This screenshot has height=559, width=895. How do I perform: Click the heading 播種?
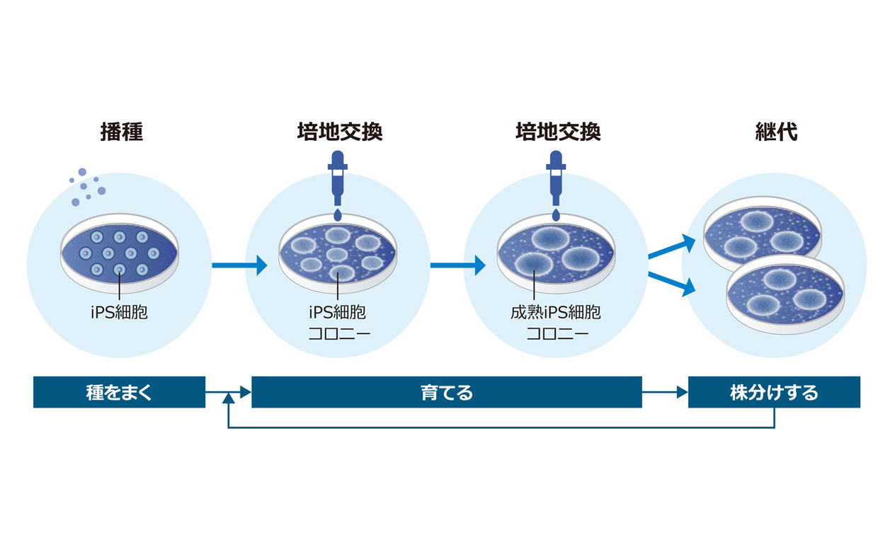point(122,132)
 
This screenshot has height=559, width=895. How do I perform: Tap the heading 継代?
point(776,132)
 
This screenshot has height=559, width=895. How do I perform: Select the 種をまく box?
point(119,392)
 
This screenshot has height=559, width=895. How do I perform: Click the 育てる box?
point(447,392)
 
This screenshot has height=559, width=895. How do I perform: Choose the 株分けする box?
point(774,392)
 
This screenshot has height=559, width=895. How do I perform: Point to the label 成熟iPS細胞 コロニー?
point(556,323)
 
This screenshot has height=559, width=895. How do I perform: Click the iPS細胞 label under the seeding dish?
point(119,312)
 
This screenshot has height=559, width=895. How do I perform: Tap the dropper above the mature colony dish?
point(556,178)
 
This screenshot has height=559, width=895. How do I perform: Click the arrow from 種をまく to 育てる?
point(228,392)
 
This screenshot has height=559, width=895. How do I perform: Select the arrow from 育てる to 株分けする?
point(665,392)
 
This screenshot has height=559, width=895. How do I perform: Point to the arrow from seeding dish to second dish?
point(239,265)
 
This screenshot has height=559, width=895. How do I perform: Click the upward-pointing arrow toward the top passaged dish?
point(672,247)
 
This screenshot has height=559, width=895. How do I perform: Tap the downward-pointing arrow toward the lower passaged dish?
point(672,284)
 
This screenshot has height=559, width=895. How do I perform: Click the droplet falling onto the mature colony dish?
point(556,214)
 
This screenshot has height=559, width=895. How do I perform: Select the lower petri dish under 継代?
point(785,294)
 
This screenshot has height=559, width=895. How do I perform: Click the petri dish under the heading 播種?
point(120,253)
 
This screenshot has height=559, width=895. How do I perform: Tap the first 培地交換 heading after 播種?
point(340,132)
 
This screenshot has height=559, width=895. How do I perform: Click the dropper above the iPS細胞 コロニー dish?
point(338,178)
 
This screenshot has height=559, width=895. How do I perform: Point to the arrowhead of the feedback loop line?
point(228,398)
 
